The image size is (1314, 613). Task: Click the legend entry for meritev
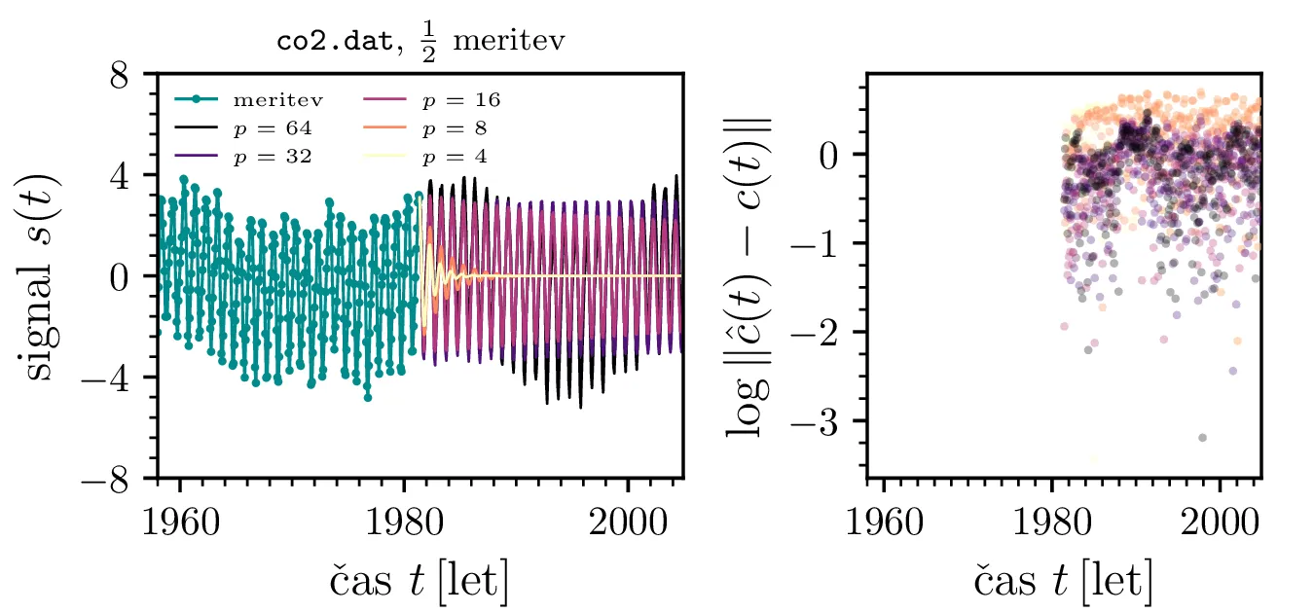click(277, 99)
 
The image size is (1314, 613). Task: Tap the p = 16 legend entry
click(460, 99)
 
